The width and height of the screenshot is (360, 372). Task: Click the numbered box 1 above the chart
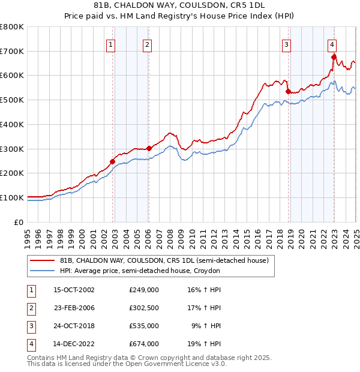pyautogui.click(x=111, y=44)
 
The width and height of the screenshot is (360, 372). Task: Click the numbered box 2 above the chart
pyautogui.click(x=147, y=44)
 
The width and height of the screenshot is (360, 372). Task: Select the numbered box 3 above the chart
pyautogui.click(x=287, y=44)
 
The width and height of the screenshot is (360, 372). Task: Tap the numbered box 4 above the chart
pyautogui.click(x=332, y=44)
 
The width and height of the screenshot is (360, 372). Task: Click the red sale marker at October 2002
pyautogui.click(x=112, y=161)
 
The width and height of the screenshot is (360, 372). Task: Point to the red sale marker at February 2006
pyautogui.click(x=149, y=148)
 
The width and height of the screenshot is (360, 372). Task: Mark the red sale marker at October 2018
pyautogui.click(x=288, y=91)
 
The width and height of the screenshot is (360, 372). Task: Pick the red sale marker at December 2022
pyautogui.click(x=334, y=57)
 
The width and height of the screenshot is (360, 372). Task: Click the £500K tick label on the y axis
pyautogui.click(x=12, y=100)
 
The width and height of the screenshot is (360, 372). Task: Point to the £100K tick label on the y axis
pyautogui.click(x=12, y=197)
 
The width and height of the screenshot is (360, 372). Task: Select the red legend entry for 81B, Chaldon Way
pyautogui.click(x=167, y=260)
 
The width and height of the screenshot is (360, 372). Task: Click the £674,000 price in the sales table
pyautogui.click(x=144, y=344)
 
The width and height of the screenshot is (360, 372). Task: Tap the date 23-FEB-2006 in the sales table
pyautogui.click(x=74, y=308)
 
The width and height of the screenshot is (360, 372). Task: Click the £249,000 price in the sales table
pyautogui.click(x=144, y=290)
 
